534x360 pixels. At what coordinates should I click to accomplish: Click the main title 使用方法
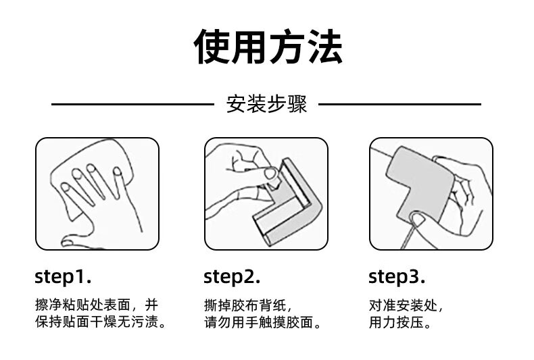pos(268,47)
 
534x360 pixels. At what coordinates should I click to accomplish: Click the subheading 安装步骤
pos(266,104)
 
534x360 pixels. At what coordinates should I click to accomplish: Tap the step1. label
pos(63,277)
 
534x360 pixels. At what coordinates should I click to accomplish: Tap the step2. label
pos(232,277)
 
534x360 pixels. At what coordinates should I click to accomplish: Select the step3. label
pos(397,277)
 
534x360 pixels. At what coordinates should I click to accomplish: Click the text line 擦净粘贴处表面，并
pos(97,305)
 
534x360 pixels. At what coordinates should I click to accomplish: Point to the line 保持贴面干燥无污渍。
pos(101,322)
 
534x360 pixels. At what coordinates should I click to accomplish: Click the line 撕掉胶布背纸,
pos(248,305)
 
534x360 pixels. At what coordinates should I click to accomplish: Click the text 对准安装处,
pos(406,305)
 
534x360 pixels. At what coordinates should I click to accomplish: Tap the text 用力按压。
pos(399,322)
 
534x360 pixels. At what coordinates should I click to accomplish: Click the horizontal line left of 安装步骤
pos(132,104)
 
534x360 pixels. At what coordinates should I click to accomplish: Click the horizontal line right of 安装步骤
pos(399,104)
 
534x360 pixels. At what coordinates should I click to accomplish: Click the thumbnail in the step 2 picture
pos(270,174)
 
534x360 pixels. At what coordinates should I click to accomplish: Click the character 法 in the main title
pos(324,47)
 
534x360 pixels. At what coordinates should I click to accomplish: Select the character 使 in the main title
pos(212,47)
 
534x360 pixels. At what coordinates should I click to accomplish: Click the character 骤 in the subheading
pos(297,104)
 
